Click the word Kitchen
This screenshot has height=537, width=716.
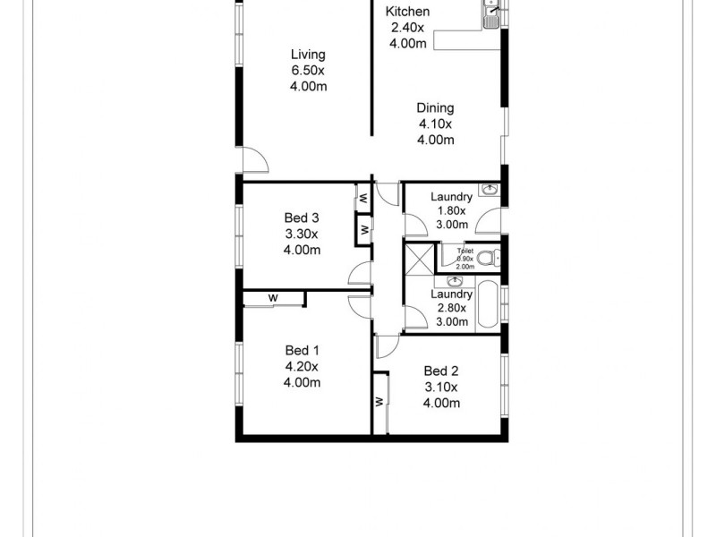(x=407, y=12)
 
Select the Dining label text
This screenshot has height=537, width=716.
(x=435, y=108)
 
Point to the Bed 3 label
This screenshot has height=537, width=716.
(x=302, y=217)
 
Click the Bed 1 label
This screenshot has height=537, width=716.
(x=302, y=350)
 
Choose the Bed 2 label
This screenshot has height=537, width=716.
(x=441, y=371)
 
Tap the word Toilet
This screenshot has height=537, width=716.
(x=465, y=251)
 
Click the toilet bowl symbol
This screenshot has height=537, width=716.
(x=486, y=259)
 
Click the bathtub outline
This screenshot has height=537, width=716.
(x=487, y=305)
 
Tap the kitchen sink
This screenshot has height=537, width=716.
(x=490, y=13)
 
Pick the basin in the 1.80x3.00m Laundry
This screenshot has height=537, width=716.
(x=489, y=191)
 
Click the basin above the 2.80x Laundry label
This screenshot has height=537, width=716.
(x=454, y=282)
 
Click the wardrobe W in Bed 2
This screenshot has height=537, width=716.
(x=379, y=402)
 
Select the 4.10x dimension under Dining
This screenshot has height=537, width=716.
(x=435, y=124)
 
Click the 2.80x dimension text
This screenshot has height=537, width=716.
(x=451, y=308)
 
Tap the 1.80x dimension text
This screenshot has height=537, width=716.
(x=451, y=211)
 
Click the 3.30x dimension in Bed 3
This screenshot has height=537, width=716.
(x=302, y=234)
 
